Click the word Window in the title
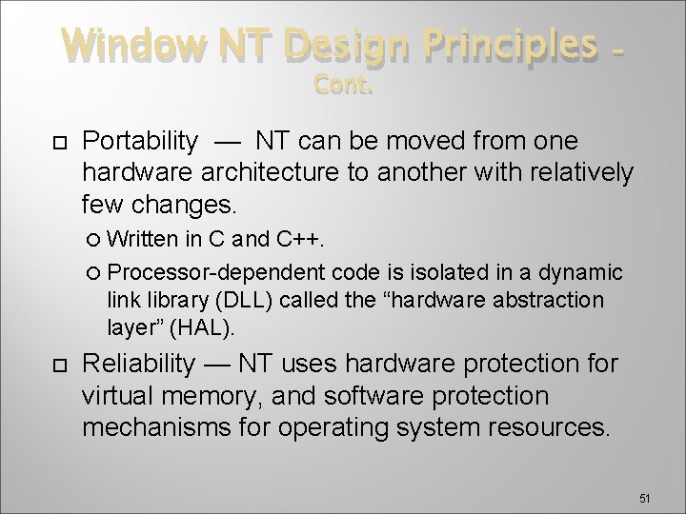pyautogui.click(x=124, y=45)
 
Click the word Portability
pyautogui.click(x=140, y=141)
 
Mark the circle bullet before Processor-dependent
pyautogui.click(x=111, y=272)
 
